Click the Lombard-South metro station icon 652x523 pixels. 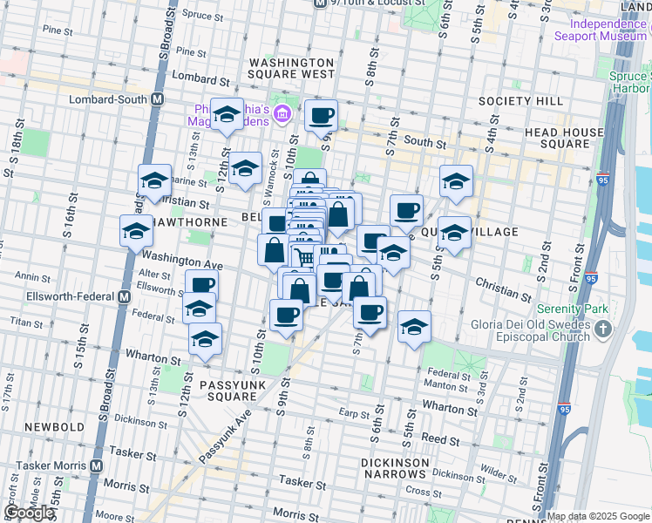(x=157, y=98)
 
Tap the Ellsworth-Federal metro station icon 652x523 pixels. (x=123, y=295)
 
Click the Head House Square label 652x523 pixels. (x=564, y=138)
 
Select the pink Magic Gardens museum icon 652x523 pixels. (x=282, y=113)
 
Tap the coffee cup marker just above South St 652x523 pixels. (x=321, y=114)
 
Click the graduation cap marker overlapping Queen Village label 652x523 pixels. (x=454, y=234)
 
